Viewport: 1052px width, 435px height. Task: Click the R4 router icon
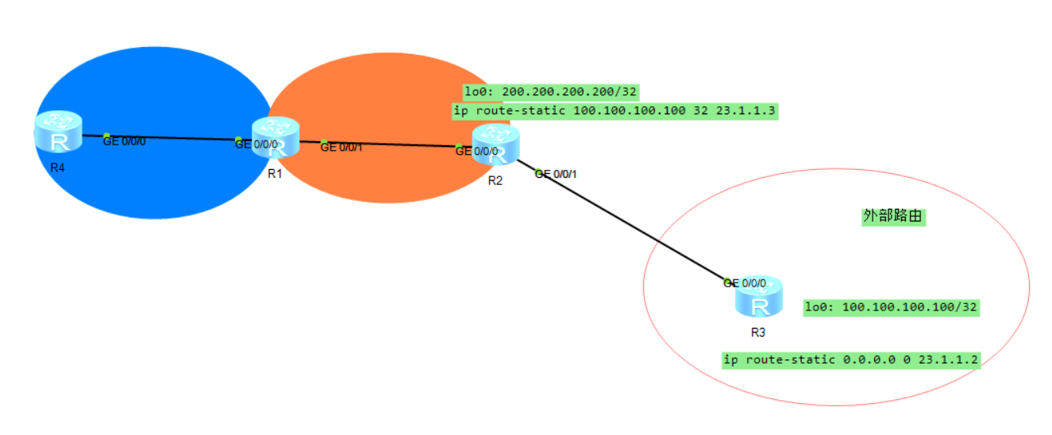coord(58,133)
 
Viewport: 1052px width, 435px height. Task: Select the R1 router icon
coord(276,138)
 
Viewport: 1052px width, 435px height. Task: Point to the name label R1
coord(276,174)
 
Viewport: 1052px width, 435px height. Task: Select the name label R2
coord(495,181)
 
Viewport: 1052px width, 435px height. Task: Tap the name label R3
coord(758,333)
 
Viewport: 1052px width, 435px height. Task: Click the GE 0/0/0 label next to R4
coord(125,141)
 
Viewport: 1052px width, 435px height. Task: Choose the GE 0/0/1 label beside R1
coord(342,147)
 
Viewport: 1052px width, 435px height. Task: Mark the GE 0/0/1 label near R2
coord(557,174)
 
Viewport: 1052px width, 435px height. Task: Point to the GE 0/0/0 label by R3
coord(746,283)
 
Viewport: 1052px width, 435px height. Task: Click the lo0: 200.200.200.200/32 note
coord(551,92)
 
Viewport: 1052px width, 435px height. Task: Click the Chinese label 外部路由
coord(893,217)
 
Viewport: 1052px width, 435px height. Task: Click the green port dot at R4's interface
coord(106,136)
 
